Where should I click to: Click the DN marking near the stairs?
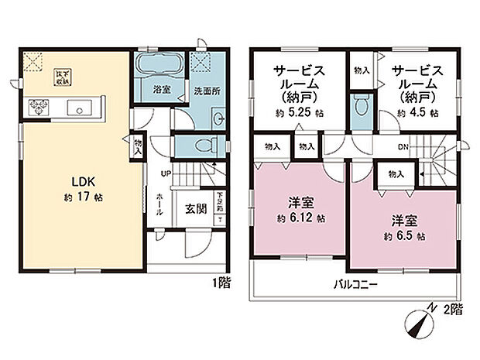click(x=403, y=146)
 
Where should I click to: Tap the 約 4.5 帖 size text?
click(x=419, y=113)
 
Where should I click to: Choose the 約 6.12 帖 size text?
click(x=299, y=218)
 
